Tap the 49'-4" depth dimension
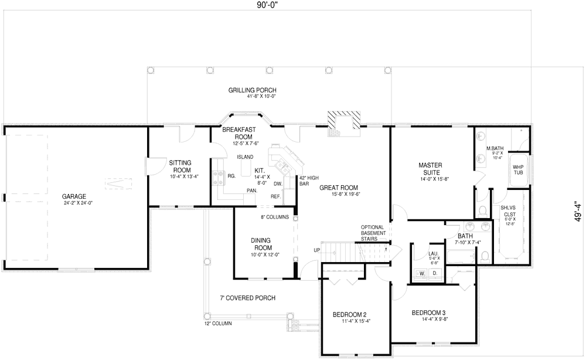point(578,209)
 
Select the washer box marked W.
point(421,273)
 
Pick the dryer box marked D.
point(435,273)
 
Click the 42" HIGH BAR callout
point(308,181)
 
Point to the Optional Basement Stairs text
point(373,233)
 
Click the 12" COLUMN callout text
point(218,324)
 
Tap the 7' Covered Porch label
point(244,298)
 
